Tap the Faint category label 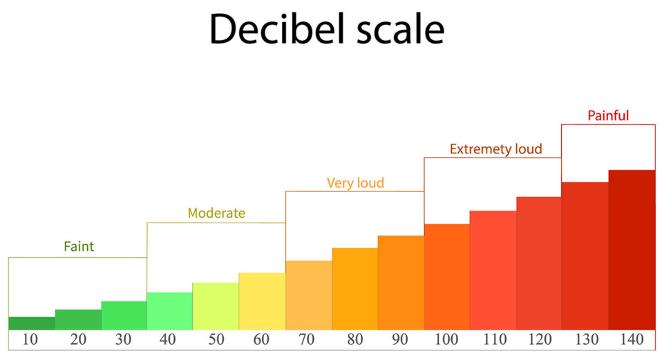pos(79,246)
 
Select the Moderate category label pos(216,213)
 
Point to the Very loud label pos(355,183)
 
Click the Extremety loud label pos(495,149)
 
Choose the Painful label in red pos(608,115)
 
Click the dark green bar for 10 pos(32,323)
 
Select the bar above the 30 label pos(124,316)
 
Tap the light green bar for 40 pos(170,311)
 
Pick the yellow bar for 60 pos(262,301)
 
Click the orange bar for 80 pos(354,289)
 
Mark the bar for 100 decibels pos(446,277)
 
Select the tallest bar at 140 pos(632,250)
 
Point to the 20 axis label pos(77,340)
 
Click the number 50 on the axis pos(216,340)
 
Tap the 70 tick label pos(308,340)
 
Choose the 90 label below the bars pos(400,340)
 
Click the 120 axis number pos(539,340)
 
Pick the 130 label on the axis pos(585,340)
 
